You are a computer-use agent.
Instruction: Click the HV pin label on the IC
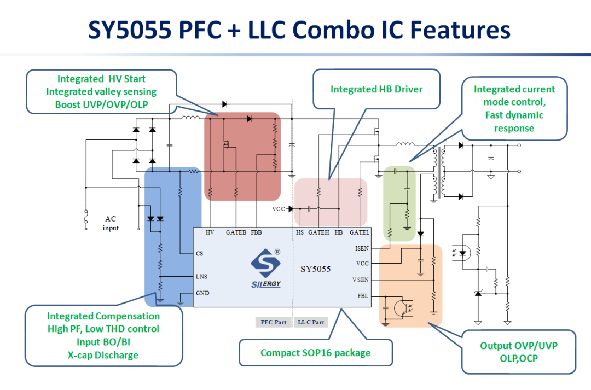(210, 232)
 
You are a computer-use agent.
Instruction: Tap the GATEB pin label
(236, 232)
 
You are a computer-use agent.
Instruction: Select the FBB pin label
(256, 232)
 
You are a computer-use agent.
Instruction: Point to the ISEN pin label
(362, 248)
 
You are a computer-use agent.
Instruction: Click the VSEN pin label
(361, 280)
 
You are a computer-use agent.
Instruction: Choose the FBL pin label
(363, 296)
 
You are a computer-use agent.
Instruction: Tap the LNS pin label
(201, 277)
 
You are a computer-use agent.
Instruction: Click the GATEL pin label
(360, 232)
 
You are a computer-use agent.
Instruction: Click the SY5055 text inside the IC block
(315, 269)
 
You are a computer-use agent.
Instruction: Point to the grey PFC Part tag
(273, 322)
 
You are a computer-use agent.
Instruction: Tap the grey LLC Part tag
(311, 322)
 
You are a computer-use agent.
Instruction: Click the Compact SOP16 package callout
(315, 353)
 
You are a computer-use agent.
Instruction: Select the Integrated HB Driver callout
(376, 89)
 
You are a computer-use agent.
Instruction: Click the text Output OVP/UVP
(519, 346)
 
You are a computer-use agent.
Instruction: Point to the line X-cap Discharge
(103, 355)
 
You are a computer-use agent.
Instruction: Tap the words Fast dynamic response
(514, 121)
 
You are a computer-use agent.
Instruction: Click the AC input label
(111, 223)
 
